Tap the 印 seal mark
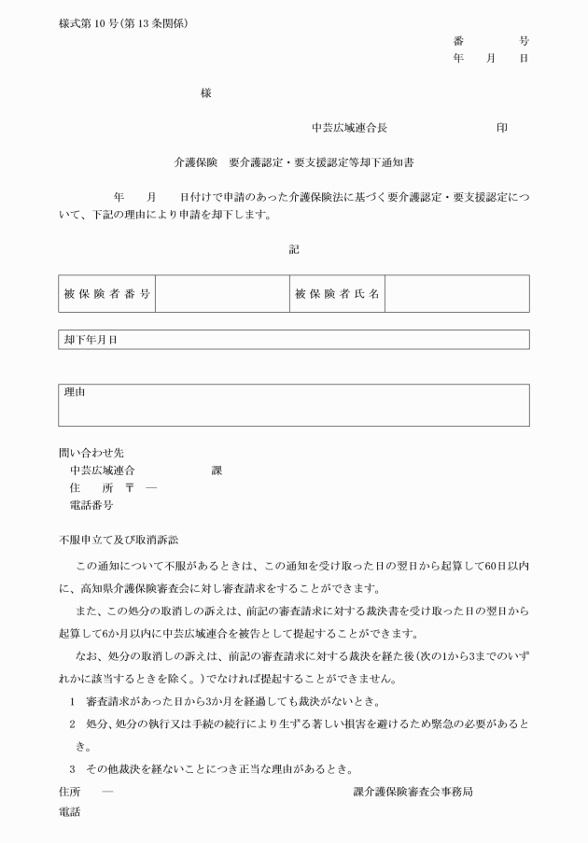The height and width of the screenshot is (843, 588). [502, 127]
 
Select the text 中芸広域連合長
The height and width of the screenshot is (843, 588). [349, 127]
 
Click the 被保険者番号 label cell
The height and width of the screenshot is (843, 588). [106, 294]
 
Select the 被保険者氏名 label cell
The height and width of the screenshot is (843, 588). [337, 294]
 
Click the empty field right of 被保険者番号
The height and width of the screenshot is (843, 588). [221, 294]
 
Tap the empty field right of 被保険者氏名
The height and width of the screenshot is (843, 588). [456, 294]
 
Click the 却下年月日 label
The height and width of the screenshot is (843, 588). [91, 340]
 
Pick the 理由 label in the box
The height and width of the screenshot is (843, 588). [75, 393]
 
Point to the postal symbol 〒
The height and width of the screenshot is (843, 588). [129, 487]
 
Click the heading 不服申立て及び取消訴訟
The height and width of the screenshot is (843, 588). [118, 539]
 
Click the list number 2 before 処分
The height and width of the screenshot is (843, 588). [72, 724]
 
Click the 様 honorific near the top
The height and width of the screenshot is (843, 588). [205, 92]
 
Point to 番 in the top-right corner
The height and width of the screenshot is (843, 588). [458, 41]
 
